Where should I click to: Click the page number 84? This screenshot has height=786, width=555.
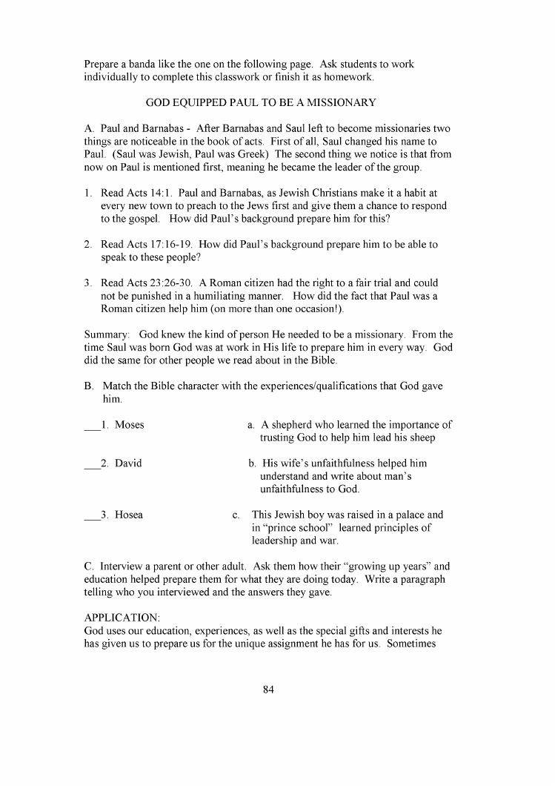click(x=268, y=690)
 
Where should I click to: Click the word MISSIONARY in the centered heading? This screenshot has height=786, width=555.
click(x=336, y=102)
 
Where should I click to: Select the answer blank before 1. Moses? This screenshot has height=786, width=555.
click(x=92, y=426)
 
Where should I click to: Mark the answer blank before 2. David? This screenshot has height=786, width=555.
click(x=92, y=465)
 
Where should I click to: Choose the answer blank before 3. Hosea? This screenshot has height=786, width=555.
click(x=92, y=516)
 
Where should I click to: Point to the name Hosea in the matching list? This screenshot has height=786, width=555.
click(x=129, y=515)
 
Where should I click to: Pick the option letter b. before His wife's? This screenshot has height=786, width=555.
click(x=253, y=463)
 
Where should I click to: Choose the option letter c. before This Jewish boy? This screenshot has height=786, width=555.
click(x=236, y=515)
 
